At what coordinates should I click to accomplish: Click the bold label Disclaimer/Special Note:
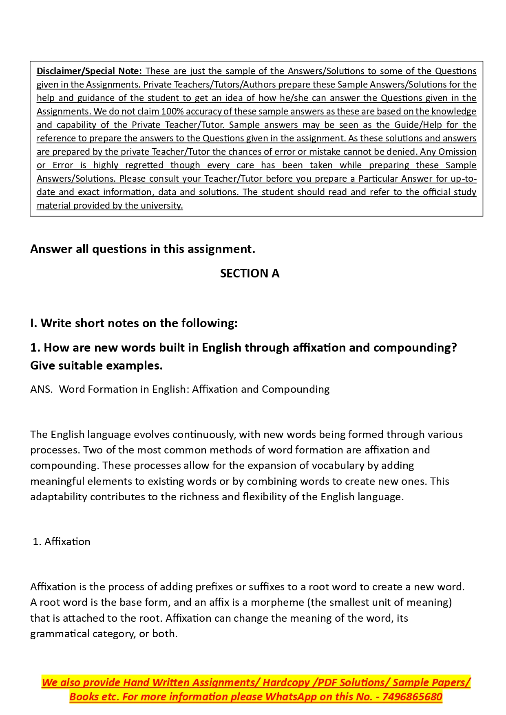pyautogui.click(x=89, y=71)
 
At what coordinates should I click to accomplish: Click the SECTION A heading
pyautogui.click(x=250, y=273)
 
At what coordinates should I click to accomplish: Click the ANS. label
pyautogui.click(x=41, y=389)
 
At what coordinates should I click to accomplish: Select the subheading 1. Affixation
pyautogui.click(x=62, y=541)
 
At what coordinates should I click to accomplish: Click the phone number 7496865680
pyautogui.click(x=412, y=697)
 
